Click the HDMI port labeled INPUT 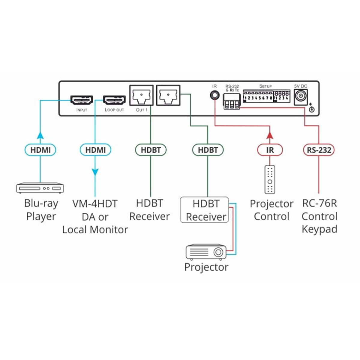point(82,100)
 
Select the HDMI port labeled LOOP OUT point(114,100)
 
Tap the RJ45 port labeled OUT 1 point(141,95)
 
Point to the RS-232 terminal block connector point(232,101)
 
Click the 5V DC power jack point(300,97)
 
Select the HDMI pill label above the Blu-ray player point(40,150)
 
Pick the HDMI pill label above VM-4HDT point(95,150)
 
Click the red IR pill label point(270,150)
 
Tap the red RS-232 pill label point(319,150)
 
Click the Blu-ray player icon point(40,188)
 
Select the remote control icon point(270,179)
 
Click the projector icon point(206,252)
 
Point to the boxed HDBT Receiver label point(205,210)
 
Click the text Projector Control point(271,210)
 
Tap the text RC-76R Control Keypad point(319,216)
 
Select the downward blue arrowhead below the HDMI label point(95,172)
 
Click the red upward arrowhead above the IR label point(270,135)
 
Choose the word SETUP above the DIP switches point(265,86)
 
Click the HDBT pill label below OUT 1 point(151,150)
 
